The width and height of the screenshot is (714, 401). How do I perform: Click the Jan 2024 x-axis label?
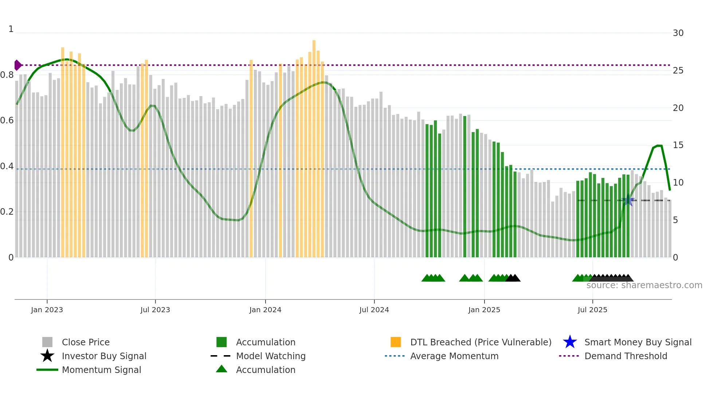click(265, 310)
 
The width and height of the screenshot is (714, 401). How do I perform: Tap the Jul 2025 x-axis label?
click(592, 310)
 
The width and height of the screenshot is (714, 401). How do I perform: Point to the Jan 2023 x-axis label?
click(47, 310)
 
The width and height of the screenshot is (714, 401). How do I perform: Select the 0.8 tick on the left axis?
click(7, 75)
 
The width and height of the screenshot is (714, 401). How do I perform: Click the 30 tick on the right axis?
click(678, 33)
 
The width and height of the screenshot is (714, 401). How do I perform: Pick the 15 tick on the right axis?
click(678, 145)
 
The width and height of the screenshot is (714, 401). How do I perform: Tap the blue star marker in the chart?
click(628, 200)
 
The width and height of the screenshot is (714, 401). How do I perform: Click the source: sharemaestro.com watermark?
click(644, 285)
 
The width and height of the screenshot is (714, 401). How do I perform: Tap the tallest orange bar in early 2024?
click(314, 146)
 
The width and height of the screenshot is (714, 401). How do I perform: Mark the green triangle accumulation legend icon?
click(221, 369)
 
